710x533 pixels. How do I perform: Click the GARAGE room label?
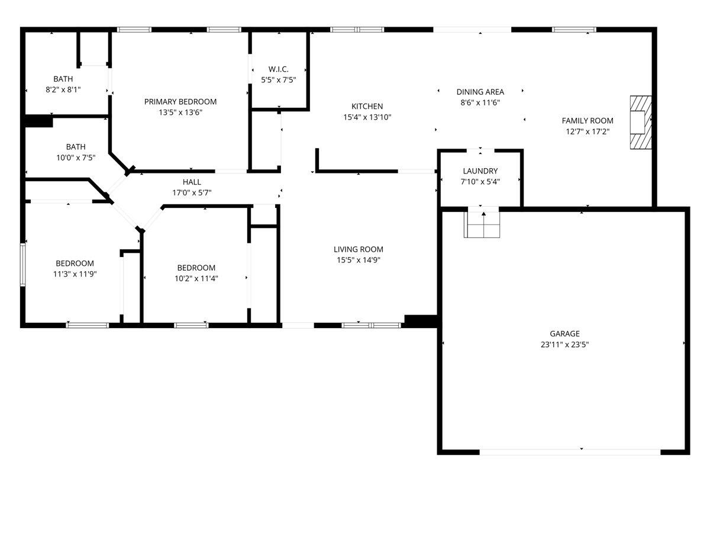click(564, 333)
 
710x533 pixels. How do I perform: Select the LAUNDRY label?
click(480, 171)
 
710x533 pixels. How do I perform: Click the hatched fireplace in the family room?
click(640, 123)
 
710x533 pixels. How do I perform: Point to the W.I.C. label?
click(278, 69)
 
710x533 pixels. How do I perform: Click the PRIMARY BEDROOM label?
click(180, 102)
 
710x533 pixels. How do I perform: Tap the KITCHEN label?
click(367, 107)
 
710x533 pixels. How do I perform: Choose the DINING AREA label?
click(480, 92)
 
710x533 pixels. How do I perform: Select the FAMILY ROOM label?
click(588, 121)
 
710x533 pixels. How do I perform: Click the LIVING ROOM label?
click(358, 249)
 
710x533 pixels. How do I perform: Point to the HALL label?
click(192, 182)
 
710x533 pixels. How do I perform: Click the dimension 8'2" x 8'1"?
click(63, 89)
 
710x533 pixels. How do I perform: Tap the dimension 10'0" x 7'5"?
click(76, 158)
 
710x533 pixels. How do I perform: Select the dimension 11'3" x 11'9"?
click(75, 274)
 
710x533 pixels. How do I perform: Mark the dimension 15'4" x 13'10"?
click(367, 117)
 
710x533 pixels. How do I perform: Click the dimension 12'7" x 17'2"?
click(588, 131)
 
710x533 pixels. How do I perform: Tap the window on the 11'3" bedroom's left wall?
click(23, 264)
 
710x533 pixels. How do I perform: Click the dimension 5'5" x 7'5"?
click(278, 79)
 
